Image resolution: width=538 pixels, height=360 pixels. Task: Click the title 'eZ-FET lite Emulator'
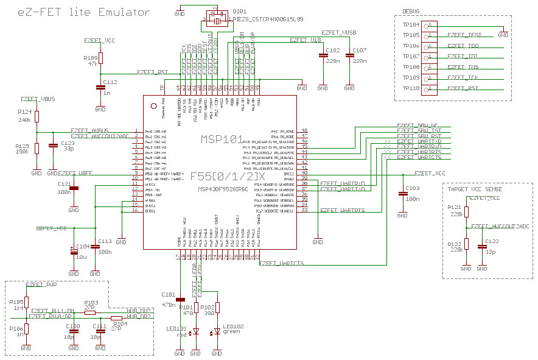84,12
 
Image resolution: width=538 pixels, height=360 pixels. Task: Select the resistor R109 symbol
100,58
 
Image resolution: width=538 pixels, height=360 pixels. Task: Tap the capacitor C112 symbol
100,88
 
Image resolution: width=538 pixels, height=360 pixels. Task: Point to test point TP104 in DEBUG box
430,25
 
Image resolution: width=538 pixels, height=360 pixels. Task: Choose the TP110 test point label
411,88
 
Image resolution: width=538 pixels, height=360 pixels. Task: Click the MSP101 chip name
222,139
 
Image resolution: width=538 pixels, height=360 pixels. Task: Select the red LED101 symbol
195,333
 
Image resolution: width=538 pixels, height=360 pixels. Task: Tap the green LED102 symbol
217,333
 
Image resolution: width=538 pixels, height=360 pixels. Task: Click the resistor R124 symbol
37,117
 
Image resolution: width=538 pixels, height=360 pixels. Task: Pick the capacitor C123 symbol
52,146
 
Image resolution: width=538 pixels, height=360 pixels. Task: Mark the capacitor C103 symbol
402,194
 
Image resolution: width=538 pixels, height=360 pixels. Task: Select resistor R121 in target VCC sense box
466,211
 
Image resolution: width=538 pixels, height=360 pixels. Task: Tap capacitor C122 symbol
483,247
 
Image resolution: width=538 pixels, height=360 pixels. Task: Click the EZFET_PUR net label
43,284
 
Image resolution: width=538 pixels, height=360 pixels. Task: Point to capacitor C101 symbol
180,300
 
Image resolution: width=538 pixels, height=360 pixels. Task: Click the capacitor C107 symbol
349,55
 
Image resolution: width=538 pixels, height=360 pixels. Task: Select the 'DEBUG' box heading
411,11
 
